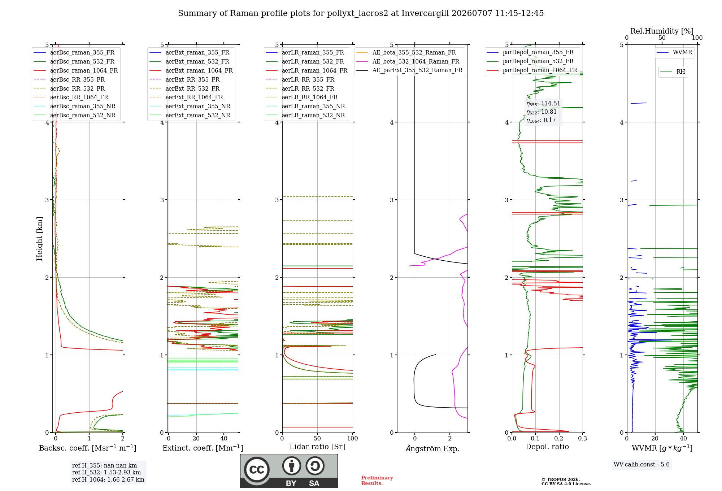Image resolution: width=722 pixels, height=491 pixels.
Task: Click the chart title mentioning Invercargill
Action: click(x=361, y=13)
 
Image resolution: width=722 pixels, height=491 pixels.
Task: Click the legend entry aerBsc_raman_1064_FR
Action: click(x=84, y=70)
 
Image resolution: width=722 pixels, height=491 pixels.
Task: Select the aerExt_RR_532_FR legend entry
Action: click(x=192, y=88)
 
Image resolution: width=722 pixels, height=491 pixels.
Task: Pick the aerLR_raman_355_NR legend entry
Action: click(x=313, y=106)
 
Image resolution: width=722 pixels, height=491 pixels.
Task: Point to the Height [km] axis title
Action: click(x=39, y=239)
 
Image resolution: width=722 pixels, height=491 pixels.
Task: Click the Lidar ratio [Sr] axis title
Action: click(x=317, y=447)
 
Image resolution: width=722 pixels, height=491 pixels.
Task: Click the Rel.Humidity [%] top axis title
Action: click(x=662, y=31)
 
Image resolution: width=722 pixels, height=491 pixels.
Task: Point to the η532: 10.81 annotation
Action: click(x=541, y=112)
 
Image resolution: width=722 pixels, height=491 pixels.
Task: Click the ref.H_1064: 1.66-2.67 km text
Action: click(x=108, y=479)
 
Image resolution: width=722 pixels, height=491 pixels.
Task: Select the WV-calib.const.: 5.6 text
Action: click(x=641, y=464)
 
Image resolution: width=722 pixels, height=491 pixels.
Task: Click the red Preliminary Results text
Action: click(x=377, y=481)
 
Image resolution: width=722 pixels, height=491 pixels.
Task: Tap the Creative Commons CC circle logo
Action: click(x=257, y=469)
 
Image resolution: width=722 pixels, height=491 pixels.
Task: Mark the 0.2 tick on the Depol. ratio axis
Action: click(x=559, y=438)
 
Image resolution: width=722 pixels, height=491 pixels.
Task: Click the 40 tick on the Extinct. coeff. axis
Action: click(x=224, y=438)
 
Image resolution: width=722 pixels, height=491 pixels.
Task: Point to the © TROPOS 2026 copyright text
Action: click(x=561, y=479)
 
